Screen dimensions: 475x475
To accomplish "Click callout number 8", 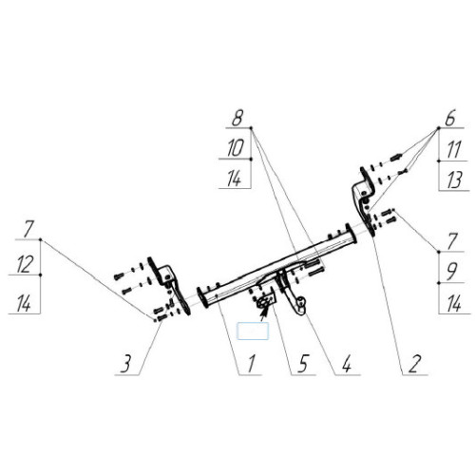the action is [237, 119].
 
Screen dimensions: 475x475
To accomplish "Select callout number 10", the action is [236, 148].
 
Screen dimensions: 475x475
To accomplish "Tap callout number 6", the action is [450, 118].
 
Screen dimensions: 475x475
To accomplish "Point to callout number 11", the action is [453, 150].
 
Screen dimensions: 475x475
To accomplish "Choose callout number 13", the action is [454, 180].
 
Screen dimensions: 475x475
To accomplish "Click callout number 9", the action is [451, 272].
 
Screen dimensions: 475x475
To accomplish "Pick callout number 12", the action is [24, 265].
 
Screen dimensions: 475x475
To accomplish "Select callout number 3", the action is [125, 364].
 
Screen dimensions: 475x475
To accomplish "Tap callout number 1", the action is [251, 364].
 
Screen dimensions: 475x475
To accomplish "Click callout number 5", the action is [302, 364].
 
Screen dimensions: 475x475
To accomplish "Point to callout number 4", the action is [347, 364].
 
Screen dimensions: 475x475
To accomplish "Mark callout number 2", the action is [414, 364].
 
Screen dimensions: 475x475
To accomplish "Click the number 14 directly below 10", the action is [235, 179].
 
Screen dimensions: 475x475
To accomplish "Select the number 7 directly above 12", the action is [28, 230].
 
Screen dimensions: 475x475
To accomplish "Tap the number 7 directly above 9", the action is [452, 241].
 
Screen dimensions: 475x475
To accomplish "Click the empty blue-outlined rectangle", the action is [253, 331].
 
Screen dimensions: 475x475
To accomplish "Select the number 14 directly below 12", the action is [24, 303].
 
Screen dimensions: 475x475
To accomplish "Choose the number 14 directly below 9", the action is [454, 304].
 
